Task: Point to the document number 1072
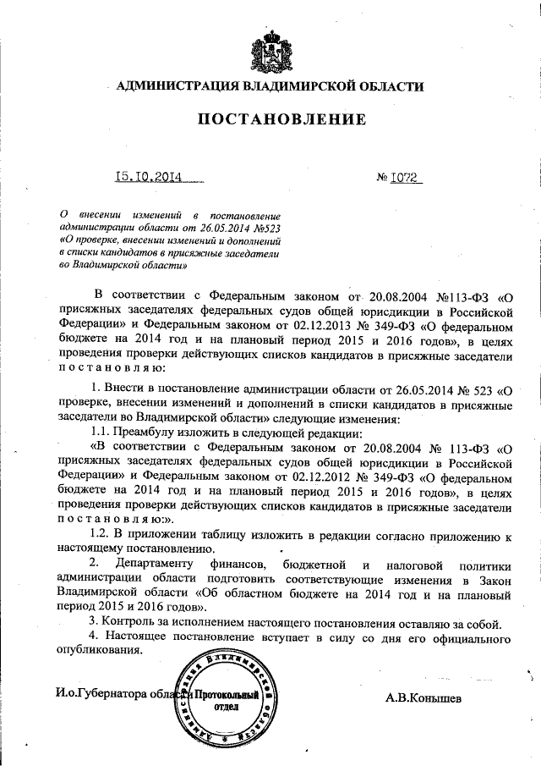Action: pyautogui.click(x=405, y=179)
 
